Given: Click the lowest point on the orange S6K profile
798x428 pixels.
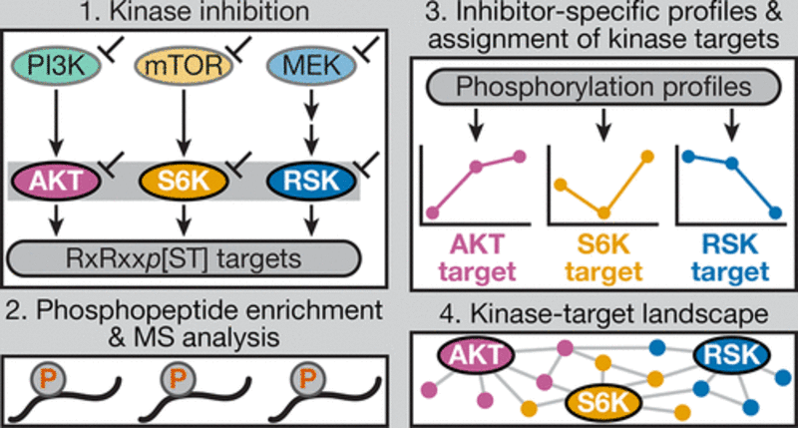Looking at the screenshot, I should (601, 213).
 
